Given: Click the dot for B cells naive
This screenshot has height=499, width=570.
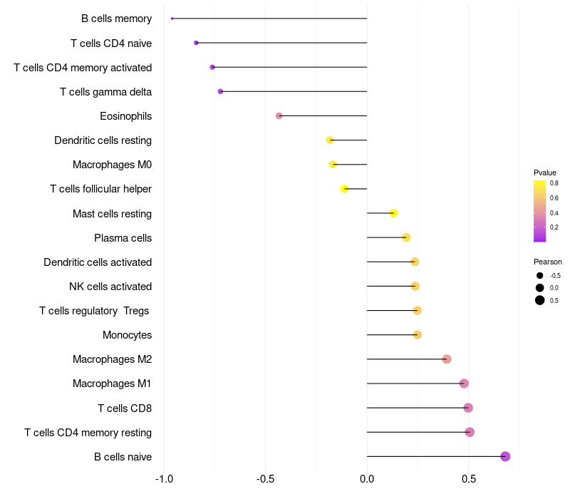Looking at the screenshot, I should [505, 456].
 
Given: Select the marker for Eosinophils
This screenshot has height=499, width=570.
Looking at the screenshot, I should [279, 115].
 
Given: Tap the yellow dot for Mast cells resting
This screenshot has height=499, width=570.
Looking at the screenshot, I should [393, 213].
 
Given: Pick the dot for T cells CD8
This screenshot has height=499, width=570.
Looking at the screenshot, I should [468, 408].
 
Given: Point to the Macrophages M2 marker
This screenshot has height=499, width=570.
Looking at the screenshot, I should [447, 359].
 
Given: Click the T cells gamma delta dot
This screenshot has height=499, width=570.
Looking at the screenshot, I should [221, 91].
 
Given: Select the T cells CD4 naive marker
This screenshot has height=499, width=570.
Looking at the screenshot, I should [196, 43].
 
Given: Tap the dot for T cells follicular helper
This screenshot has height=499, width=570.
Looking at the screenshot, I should [345, 189].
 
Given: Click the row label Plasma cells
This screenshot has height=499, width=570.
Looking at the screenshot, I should [123, 237].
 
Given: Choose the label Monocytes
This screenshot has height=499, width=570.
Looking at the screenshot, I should [127, 335].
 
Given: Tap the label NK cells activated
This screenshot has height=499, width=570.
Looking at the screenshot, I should [110, 287].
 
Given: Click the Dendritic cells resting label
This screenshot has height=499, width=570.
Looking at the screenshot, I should [103, 140].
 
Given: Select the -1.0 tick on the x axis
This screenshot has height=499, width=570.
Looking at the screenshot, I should [164, 478].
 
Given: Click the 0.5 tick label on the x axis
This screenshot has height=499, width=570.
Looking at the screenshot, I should [468, 478].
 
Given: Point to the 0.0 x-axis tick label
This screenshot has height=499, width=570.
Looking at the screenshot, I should [367, 478].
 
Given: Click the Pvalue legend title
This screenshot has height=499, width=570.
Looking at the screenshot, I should [545, 173].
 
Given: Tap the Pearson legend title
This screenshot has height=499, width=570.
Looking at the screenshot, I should [548, 262].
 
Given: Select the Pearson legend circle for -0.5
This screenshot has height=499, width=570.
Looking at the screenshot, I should [540, 276].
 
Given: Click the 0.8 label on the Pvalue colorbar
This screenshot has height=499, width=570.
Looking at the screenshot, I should [554, 183].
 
